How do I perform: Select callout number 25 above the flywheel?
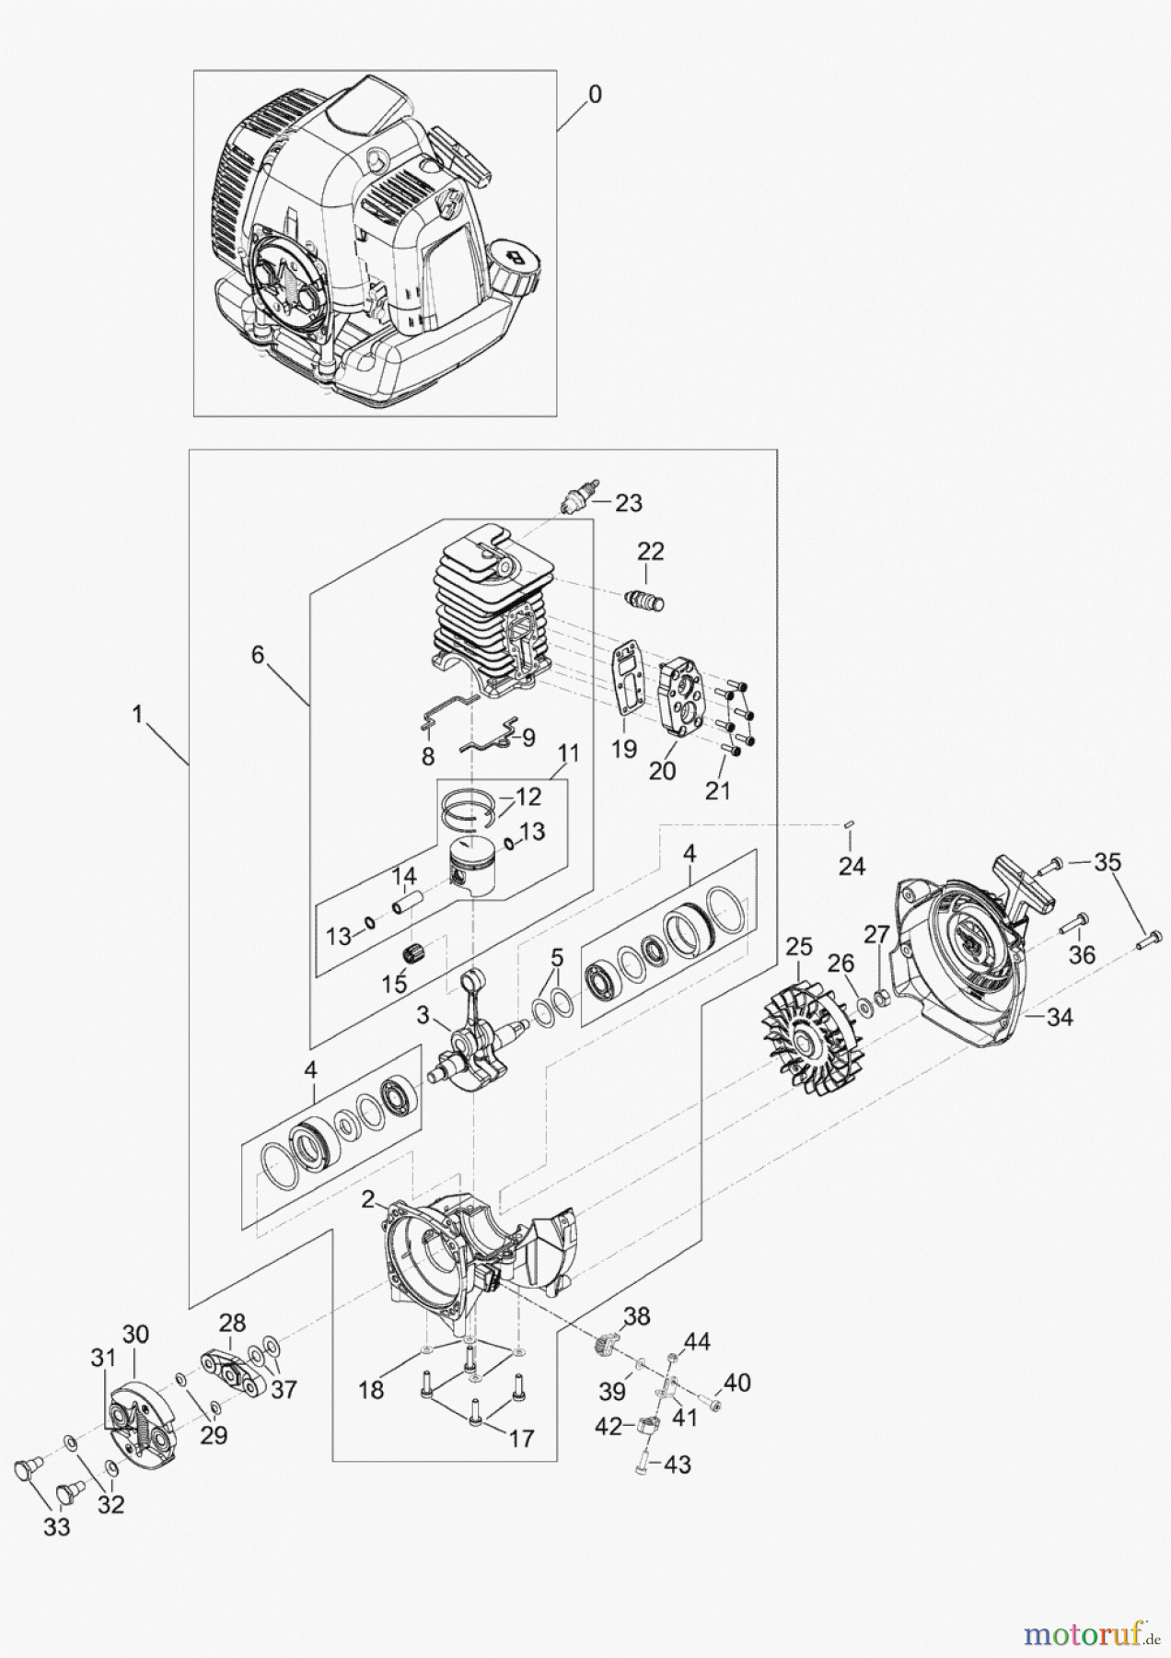[799, 946]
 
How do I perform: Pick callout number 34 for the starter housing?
[1061, 1017]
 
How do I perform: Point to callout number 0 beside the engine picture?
[596, 94]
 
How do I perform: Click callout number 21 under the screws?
[718, 789]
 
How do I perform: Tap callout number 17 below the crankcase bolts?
[521, 1438]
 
